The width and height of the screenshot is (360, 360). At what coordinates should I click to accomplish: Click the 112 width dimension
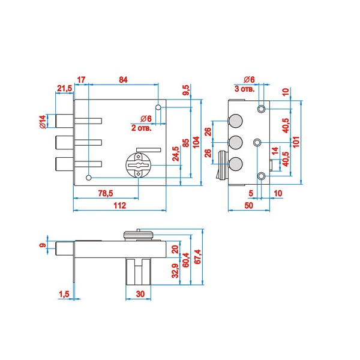click(120, 205)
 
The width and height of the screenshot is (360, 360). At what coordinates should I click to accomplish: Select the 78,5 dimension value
click(106, 193)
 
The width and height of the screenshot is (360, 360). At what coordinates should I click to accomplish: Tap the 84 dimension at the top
click(123, 80)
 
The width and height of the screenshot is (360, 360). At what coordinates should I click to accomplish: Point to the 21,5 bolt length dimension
click(65, 88)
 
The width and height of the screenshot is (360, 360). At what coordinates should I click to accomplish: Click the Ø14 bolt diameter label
click(43, 122)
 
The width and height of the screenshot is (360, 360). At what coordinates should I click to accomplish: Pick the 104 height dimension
click(196, 142)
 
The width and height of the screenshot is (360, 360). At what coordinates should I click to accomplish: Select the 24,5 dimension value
click(176, 154)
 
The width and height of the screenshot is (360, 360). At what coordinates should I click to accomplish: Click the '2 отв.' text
click(142, 128)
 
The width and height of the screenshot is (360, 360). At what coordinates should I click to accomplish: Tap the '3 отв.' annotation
click(245, 89)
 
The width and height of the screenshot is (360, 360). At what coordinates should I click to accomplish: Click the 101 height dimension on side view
click(296, 142)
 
